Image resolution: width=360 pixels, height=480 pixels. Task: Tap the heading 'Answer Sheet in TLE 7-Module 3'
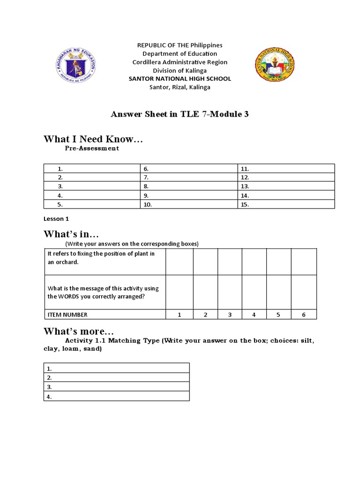(x=180, y=114)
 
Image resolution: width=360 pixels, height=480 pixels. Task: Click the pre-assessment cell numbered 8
(x=189, y=187)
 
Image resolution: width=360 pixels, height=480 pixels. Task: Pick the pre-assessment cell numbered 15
(x=286, y=204)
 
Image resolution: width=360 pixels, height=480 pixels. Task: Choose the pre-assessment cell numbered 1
(x=92, y=169)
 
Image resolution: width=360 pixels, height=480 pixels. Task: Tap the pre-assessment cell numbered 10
(x=189, y=204)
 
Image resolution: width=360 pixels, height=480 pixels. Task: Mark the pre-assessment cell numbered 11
(x=286, y=169)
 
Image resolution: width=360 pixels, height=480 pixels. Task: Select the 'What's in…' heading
(x=71, y=233)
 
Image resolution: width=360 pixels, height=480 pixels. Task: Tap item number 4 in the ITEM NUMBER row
(x=254, y=315)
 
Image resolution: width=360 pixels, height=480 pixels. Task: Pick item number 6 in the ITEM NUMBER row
(x=303, y=315)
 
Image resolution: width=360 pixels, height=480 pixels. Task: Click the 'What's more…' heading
(x=78, y=330)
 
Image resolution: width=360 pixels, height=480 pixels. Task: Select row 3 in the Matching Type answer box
(x=117, y=387)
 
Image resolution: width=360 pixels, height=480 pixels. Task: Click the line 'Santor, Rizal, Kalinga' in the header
(x=180, y=87)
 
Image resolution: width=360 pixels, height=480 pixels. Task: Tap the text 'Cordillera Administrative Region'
(x=180, y=62)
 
